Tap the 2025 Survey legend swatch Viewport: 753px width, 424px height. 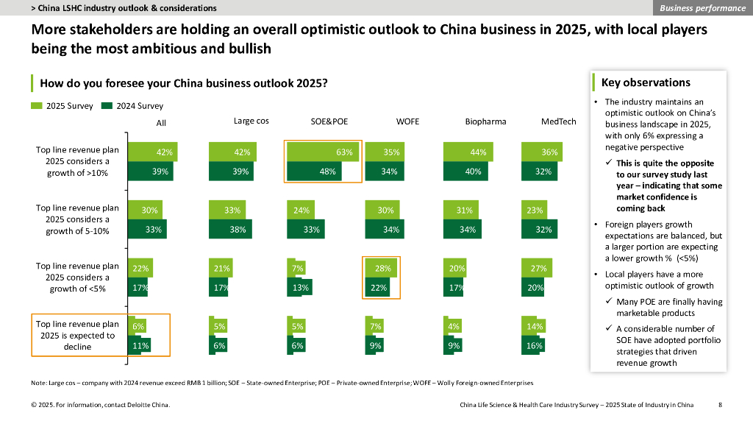coord(37,106)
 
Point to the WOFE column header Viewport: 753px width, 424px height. coord(407,121)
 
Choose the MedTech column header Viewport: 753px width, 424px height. coord(559,121)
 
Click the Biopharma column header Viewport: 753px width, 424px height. coord(485,121)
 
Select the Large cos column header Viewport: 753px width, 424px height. coord(251,121)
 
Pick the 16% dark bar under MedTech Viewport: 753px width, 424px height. coord(534,345)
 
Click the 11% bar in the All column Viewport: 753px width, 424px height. coord(140,345)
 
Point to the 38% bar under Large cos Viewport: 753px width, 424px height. coord(226,229)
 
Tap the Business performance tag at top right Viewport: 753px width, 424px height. coord(702,8)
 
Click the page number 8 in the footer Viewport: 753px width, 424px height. coord(720,405)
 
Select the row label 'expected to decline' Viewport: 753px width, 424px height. coord(77,335)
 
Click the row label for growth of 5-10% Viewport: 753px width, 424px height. coord(77,219)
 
